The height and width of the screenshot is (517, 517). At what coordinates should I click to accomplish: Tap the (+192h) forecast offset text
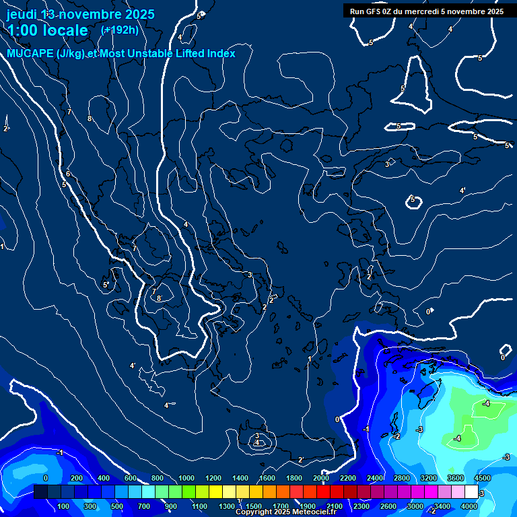(x=119, y=30)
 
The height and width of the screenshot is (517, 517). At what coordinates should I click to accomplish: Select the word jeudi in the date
(x=22, y=13)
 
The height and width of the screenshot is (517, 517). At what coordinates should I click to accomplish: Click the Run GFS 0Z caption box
(x=427, y=11)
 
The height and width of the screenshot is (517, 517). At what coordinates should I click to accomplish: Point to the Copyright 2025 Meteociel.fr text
(x=285, y=512)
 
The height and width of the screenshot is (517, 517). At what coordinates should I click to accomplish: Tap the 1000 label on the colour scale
(x=186, y=478)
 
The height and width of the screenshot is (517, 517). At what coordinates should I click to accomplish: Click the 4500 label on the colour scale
(x=483, y=478)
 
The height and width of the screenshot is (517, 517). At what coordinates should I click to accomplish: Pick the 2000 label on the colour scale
(x=320, y=478)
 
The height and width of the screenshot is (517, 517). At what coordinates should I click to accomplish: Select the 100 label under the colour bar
(x=64, y=506)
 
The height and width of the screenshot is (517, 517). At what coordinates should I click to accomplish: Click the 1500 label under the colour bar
(x=254, y=506)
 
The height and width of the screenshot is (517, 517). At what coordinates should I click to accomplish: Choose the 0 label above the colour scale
(x=45, y=478)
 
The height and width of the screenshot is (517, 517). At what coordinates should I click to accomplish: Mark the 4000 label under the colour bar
(x=469, y=506)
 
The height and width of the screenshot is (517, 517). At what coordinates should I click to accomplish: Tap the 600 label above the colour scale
(x=131, y=478)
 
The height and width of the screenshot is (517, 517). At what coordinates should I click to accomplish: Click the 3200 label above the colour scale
(x=428, y=478)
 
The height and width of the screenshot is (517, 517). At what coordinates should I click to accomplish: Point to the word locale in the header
(x=65, y=30)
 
